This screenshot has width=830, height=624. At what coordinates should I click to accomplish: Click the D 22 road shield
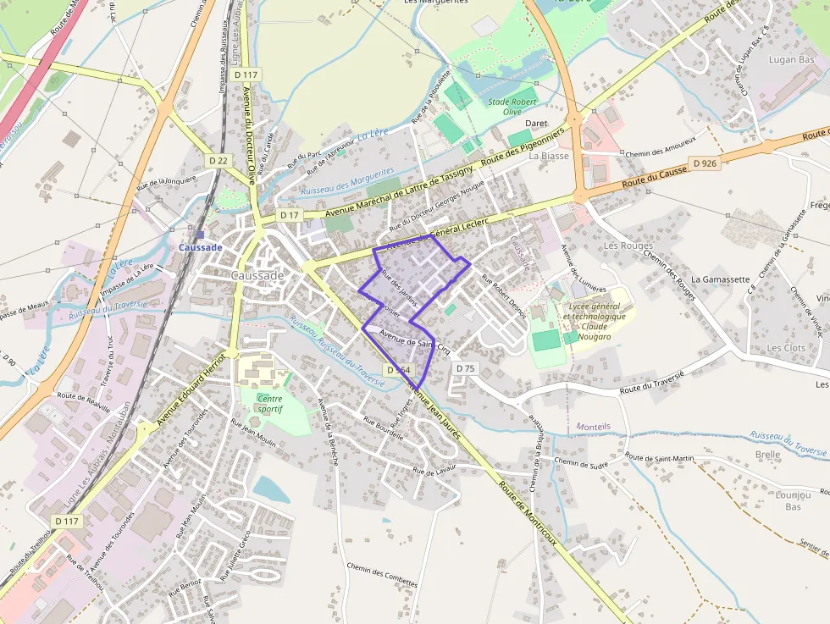coord(219,160)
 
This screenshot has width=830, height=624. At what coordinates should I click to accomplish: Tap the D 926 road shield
coord(704,163)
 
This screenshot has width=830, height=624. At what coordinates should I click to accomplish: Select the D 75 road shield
coord(466,368)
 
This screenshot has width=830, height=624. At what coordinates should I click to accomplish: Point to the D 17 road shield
coord(290,215)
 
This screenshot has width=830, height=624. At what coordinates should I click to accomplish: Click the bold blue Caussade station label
coord(200,247)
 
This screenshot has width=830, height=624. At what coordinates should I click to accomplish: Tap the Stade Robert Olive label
coord(512,107)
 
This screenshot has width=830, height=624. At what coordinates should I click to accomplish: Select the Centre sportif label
coord(269,404)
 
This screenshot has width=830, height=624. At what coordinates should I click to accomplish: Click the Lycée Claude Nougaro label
coord(595,316)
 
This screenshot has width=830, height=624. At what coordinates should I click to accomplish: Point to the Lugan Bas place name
coord(791,60)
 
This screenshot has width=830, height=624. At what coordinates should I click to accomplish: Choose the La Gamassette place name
coord(721,279)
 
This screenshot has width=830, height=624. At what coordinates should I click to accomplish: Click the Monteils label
coord(593,426)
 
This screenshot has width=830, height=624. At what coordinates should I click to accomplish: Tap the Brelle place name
coord(767,455)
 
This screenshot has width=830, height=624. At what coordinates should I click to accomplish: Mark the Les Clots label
coord(786,348)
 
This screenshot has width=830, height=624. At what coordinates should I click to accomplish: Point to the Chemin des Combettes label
coord(382,574)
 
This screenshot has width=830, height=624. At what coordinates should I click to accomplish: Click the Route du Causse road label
coord(654,176)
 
